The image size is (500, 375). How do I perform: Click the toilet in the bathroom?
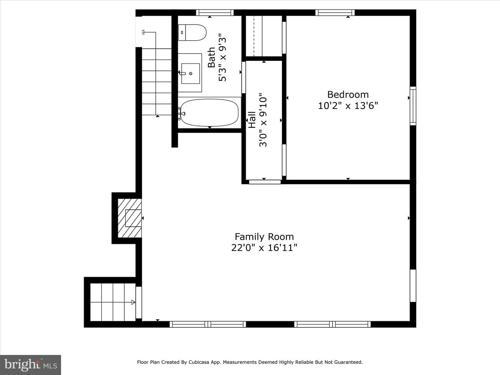[192, 33]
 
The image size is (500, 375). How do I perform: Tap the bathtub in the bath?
[209, 112]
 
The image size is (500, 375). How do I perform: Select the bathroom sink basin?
[190, 74]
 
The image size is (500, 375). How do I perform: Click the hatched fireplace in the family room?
[130, 218]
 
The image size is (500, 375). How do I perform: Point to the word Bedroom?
[348, 94]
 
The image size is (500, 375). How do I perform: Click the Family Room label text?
[264, 236]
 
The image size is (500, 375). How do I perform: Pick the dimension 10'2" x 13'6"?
[348, 106]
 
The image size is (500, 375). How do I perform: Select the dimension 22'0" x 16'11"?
[264, 248]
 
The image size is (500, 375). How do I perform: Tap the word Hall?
[252, 119]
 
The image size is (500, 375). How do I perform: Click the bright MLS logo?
[31, 365]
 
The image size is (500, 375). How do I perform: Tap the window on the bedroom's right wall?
[413, 106]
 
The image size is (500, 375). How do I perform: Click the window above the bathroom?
[215, 12]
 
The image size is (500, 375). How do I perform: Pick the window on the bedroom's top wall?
[335, 12]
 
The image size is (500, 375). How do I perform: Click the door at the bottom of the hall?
[265, 182]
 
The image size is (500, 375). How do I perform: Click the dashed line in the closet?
[254, 36]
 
